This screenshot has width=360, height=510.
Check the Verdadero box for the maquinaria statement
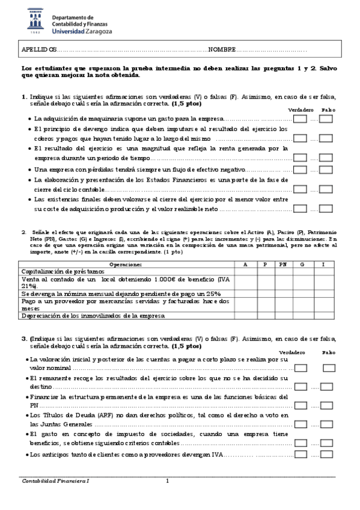(300, 118)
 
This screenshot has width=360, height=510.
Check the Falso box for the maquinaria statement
(326, 118)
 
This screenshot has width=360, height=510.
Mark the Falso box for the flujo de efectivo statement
(326, 171)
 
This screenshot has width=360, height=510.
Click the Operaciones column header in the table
(127, 264)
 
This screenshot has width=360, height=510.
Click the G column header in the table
(302, 264)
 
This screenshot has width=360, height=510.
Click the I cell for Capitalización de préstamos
(323, 272)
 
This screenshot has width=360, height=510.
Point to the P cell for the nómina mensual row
(265, 293)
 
